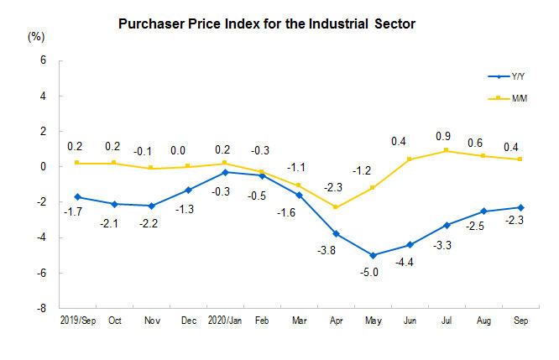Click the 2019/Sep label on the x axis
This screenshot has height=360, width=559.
tap(76, 321)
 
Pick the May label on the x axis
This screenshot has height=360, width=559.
tap(372, 321)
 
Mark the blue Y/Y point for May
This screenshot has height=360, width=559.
tap(372, 255)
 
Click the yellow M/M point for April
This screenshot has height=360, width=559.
tap(335, 207)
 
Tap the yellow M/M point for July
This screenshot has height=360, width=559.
tap(446, 150)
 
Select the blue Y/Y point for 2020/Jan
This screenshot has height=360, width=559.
tap(224, 172)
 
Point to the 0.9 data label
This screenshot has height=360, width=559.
tap(445, 135)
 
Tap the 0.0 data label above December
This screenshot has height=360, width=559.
tap(187, 151)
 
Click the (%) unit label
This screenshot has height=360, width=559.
tap(36, 36)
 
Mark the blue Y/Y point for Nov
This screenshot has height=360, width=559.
tap(150, 206)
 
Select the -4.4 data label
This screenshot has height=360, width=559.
tap(409, 259)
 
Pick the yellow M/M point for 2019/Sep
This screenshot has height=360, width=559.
tap(76, 163)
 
